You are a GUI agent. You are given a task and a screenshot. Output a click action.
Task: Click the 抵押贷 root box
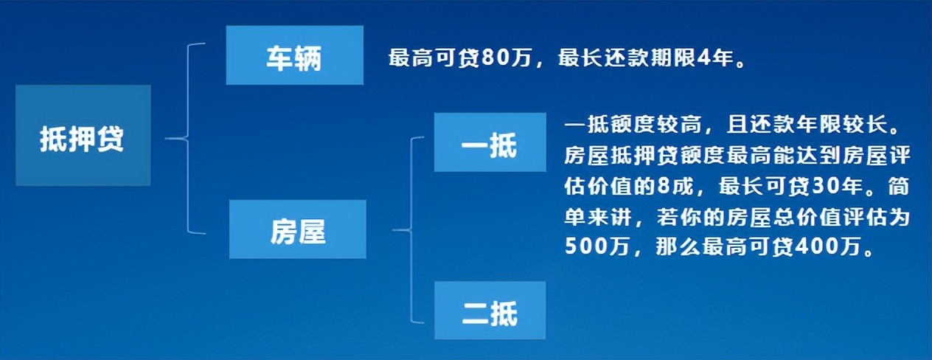tap(83, 136)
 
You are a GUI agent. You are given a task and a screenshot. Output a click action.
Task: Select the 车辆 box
tap(294, 55)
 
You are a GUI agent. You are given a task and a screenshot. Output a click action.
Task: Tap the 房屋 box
tap(297, 229)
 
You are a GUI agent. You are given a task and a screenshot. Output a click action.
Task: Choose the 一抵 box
tap(489, 142)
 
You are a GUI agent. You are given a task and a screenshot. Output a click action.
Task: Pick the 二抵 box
tap(489, 311)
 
